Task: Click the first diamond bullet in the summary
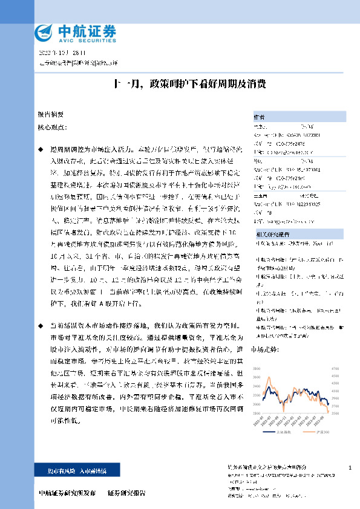point(41,149)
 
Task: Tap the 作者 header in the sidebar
point(259,117)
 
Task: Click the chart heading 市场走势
point(263,349)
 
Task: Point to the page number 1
point(350,468)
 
